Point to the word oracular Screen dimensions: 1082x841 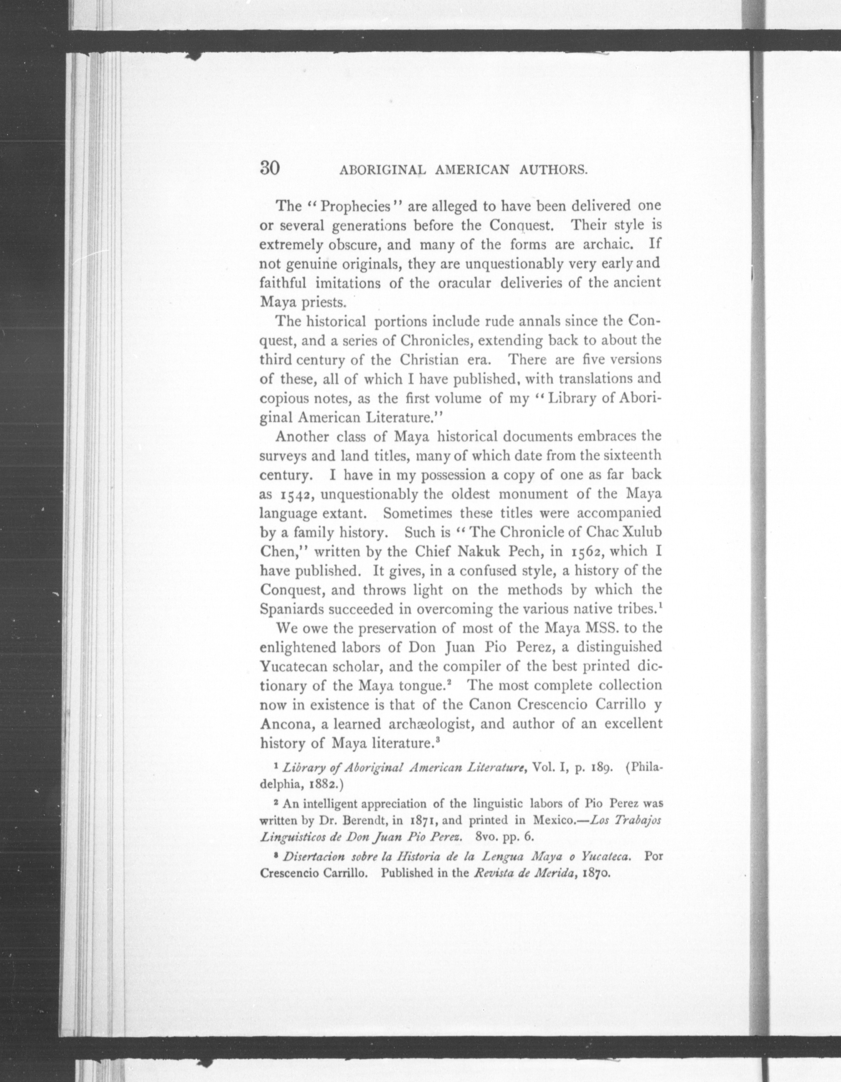pos(467,283)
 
